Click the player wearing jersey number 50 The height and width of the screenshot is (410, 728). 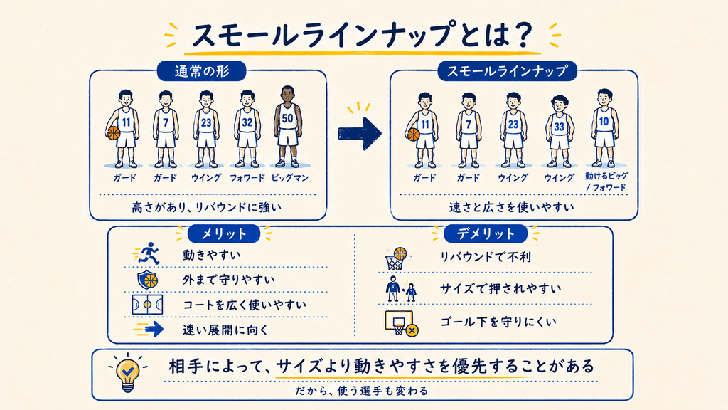287,127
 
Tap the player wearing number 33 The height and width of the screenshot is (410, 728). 559,131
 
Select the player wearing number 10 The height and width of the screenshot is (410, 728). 604,127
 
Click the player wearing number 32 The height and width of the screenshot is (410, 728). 247,129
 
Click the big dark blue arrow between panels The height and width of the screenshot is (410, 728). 359,133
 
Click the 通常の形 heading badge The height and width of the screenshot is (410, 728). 202,72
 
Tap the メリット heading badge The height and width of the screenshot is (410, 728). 223,233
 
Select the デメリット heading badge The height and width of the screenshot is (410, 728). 485,233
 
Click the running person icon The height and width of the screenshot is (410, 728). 149,253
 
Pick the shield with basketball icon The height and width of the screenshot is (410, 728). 148,280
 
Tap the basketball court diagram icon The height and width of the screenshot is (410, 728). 147,305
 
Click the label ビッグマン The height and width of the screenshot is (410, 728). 290,177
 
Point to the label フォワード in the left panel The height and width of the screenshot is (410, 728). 247,177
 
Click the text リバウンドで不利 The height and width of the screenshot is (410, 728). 485,256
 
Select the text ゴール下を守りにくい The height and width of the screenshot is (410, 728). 498,322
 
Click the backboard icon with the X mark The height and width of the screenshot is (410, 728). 401,323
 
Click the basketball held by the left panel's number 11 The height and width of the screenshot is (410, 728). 113,133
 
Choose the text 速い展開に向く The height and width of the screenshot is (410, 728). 225,330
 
